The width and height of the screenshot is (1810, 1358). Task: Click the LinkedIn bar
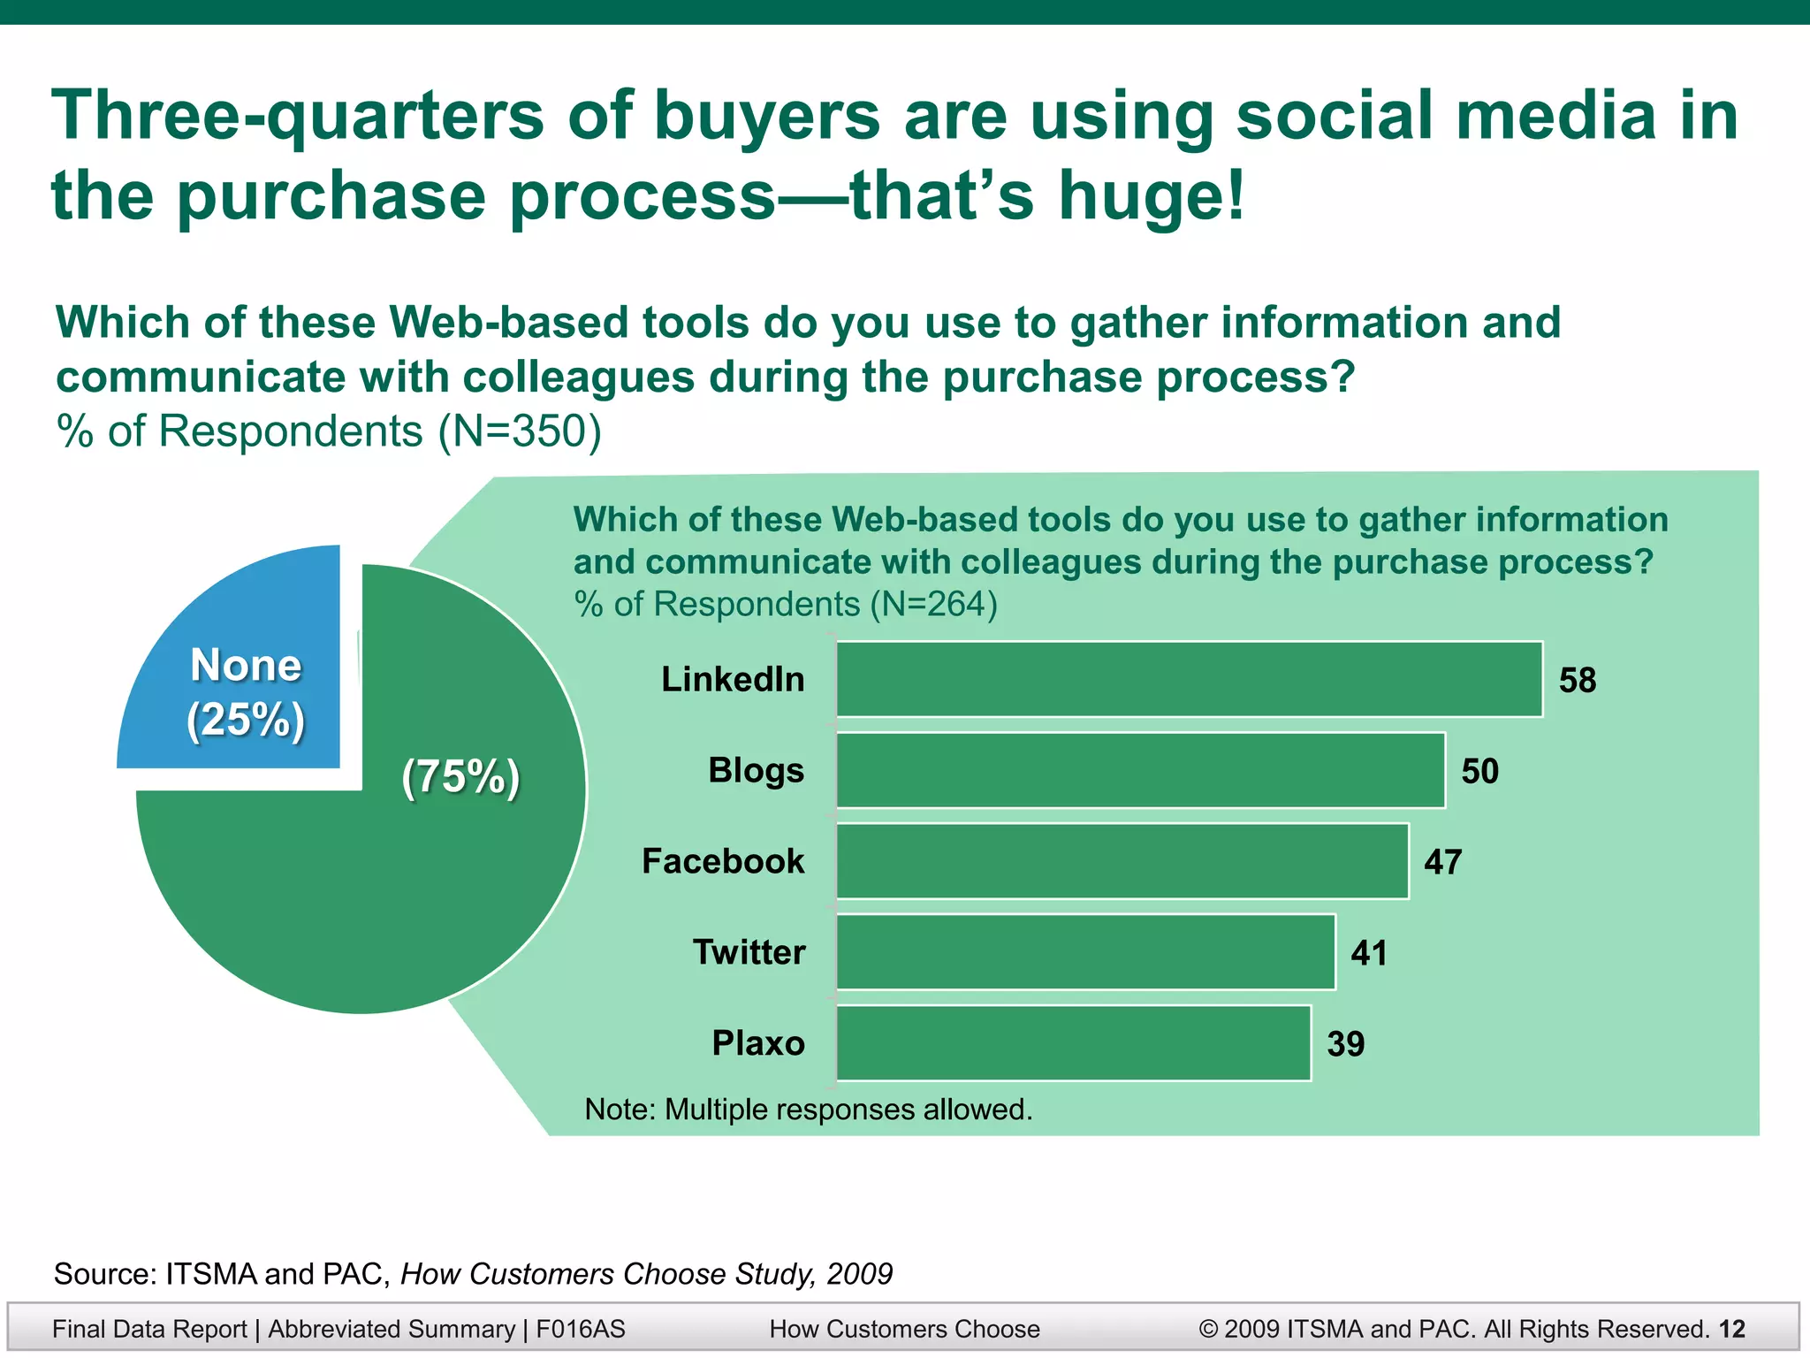(1189, 679)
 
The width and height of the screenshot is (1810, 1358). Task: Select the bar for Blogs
(1140, 770)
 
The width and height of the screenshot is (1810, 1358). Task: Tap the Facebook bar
(1122, 861)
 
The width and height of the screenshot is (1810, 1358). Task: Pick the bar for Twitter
(1085, 952)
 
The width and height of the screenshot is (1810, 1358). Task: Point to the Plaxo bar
(1073, 1043)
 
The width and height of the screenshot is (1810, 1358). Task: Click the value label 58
(1578, 681)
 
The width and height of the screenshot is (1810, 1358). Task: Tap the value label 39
(1345, 1045)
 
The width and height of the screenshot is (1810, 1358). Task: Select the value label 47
(1442, 862)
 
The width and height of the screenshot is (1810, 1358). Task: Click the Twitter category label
(749, 952)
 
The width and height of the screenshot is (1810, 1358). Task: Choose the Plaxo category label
(758, 1043)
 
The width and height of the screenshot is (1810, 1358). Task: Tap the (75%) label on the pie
(460, 777)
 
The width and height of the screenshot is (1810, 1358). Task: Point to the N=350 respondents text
(520, 432)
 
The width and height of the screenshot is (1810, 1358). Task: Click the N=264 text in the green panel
(933, 605)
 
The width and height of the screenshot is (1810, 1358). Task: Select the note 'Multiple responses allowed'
(809, 1110)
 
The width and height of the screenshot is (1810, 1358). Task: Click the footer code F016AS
(581, 1329)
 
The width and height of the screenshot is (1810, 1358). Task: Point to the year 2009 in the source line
(859, 1274)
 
